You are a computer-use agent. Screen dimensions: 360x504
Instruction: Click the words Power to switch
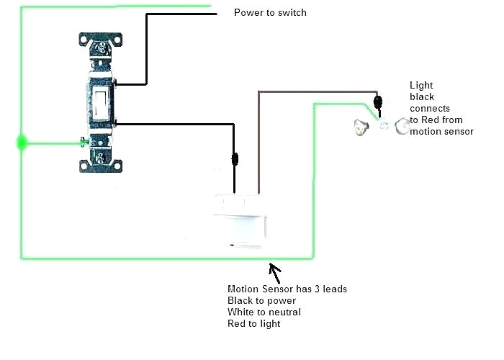pos(270,13)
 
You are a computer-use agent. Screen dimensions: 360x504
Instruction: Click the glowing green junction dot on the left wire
pos(22,143)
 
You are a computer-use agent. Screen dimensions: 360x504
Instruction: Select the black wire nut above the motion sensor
pos(234,158)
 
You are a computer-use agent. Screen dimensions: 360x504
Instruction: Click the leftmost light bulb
pos(360,128)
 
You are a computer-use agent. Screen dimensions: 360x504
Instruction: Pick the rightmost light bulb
pos(401,127)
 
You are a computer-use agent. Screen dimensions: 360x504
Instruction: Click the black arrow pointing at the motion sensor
pos(275,271)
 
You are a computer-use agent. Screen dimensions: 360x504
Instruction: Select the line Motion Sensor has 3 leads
pos(287,289)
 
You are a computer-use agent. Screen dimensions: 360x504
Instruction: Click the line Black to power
pos(261,300)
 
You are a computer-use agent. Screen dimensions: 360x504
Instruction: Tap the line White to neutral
pos(264,312)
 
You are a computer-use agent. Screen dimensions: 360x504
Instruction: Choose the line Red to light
pos(253,323)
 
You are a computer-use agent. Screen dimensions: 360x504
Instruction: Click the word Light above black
pos(421,85)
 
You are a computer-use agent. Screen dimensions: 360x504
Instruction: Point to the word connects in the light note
pos(429,108)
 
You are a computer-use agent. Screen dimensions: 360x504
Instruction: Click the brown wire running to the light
pos(317,91)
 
